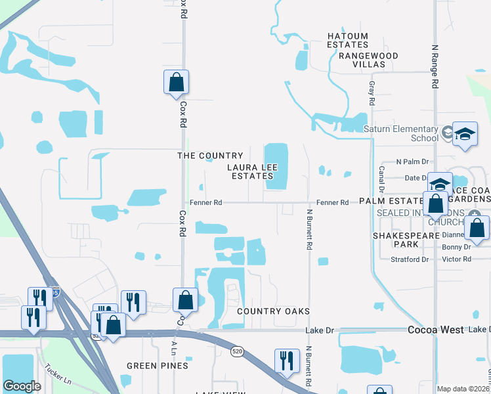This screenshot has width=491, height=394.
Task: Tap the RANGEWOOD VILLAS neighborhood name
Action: pyautogui.click(x=368, y=60)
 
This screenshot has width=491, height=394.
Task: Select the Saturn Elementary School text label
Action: pyautogui.click(x=406, y=133)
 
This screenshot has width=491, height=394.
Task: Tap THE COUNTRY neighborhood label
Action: pyautogui.click(x=210, y=156)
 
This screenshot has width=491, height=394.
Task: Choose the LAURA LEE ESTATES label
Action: pyautogui.click(x=249, y=172)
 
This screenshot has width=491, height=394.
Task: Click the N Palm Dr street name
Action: pyautogui.click(x=412, y=162)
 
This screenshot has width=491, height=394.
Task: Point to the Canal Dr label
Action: pyautogui.click(x=381, y=176)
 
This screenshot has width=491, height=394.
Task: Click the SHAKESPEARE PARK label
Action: pyautogui.click(x=395, y=239)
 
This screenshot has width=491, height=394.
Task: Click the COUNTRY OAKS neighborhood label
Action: pyautogui.click(x=273, y=311)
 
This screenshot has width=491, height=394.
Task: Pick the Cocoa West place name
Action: pyautogui.click(x=436, y=330)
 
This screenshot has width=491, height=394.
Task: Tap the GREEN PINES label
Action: pyautogui.click(x=158, y=366)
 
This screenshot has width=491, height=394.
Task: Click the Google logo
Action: pyautogui.click(x=22, y=386)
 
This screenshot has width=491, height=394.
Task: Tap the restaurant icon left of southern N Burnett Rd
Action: pyautogui.click(x=287, y=362)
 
